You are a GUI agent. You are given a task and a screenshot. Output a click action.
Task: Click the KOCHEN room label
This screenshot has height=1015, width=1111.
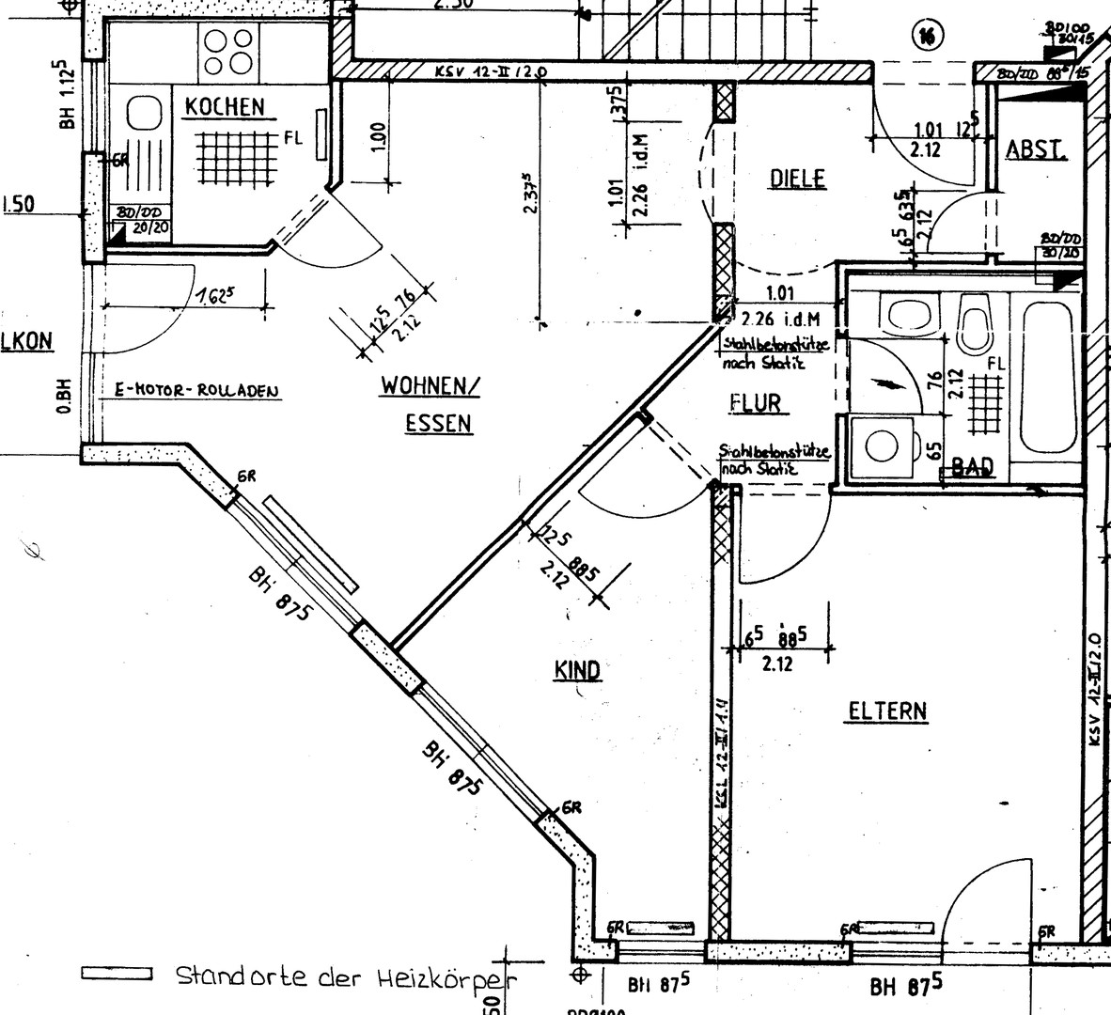(x=225, y=106)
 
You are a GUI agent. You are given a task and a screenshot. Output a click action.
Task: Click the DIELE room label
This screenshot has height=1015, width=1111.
(x=797, y=178)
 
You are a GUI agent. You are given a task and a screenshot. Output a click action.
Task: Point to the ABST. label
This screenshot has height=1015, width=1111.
(x=1036, y=150)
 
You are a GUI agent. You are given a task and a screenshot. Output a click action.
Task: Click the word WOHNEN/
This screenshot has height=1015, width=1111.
(x=430, y=385)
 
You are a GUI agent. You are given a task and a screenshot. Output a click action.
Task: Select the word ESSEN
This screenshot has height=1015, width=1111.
(x=439, y=424)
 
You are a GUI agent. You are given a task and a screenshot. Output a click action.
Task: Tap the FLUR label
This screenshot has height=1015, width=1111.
(x=756, y=403)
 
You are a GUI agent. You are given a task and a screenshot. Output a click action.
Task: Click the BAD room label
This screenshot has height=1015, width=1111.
(x=972, y=467)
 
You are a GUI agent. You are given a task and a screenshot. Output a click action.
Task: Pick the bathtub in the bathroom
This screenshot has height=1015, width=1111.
(x=1046, y=375)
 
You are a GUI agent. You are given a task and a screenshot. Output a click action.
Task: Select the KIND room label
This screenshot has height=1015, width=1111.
(x=577, y=670)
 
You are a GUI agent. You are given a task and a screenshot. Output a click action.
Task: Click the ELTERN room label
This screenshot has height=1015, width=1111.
(x=887, y=710)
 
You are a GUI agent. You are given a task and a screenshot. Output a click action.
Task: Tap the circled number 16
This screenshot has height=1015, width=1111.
(x=926, y=36)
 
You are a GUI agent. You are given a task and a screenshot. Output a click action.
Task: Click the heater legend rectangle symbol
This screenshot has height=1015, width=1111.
(x=117, y=975)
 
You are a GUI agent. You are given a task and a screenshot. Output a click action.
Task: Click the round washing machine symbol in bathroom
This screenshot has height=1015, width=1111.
(x=882, y=445)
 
